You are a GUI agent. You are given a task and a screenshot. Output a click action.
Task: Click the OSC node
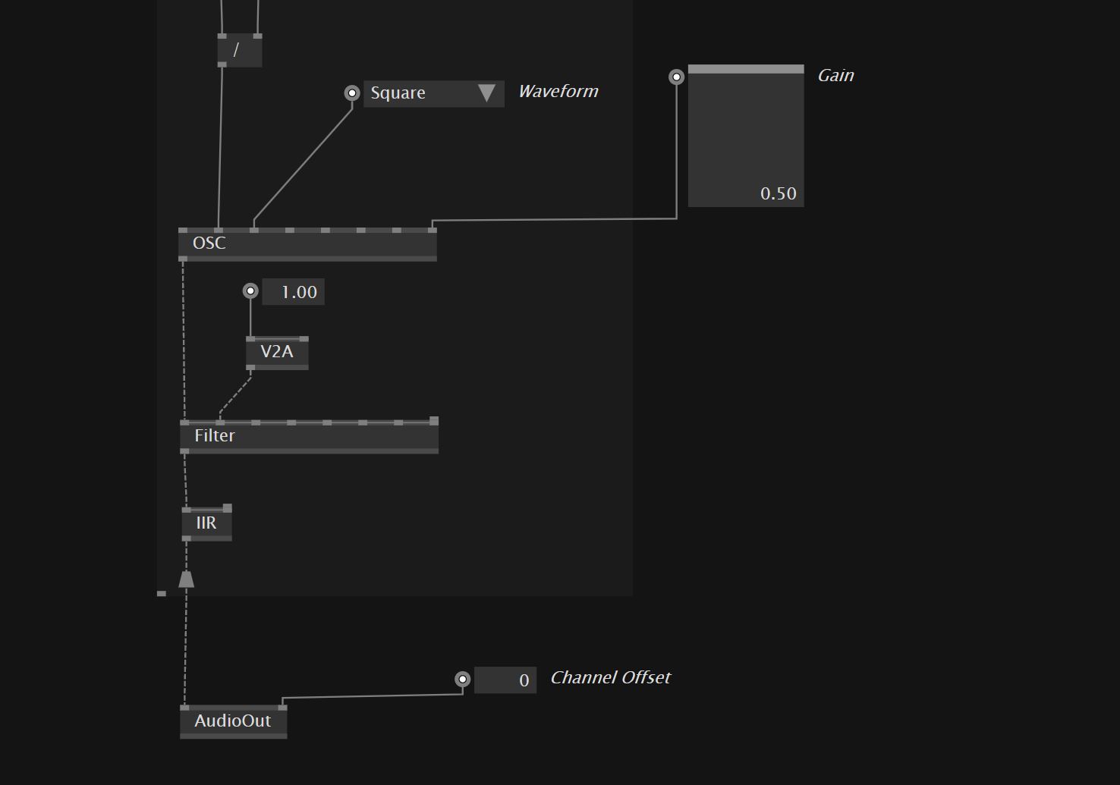(x=307, y=243)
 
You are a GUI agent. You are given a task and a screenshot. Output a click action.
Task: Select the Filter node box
(x=309, y=436)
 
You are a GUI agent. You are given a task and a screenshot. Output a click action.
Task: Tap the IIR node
(x=206, y=523)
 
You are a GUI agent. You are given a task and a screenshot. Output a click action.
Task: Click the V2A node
(x=277, y=352)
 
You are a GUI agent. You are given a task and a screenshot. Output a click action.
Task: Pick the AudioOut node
(x=233, y=721)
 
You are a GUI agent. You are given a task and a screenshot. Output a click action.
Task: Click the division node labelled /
(x=239, y=51)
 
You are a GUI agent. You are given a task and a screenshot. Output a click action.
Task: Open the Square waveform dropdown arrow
(x=486, y=93)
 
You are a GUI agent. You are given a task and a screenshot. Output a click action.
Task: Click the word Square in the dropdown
(x=398, y=93)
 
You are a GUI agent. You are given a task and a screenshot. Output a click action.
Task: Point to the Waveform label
(x=558, y=92)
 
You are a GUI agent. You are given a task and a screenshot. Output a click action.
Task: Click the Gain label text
(x=835, y=76)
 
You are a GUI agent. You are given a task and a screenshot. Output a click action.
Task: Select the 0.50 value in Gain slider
(x=778, y=194)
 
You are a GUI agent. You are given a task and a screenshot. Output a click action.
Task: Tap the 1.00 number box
(x=294, y=292)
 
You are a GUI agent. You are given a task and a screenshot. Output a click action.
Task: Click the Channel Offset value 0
(x=506, y=680)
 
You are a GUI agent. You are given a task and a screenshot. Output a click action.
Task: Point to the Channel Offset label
(x=610, y=678)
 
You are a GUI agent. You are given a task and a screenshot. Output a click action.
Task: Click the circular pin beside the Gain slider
(x=676, y=77)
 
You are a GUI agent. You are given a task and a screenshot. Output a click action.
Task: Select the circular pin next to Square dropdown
(x=352, y=93)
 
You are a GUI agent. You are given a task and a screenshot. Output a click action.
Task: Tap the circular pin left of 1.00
(x=250, y=291)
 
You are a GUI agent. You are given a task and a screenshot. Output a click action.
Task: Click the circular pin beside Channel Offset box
(x=462, y=680)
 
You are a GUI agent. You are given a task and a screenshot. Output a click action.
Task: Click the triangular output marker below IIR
(x=186, y=579)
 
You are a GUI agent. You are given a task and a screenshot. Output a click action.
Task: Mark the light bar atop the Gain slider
(x=745, y=69)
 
